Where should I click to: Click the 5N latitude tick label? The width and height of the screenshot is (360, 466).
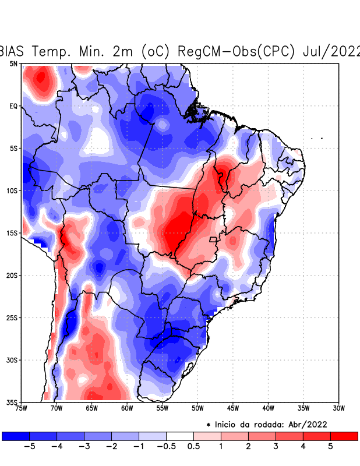(x=13, y=63)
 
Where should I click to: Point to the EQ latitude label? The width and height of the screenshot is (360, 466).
(x=13, y=106)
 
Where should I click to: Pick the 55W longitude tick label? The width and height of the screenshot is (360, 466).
(x=162, y=408)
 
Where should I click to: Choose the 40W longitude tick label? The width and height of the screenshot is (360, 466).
(x=268, y=408)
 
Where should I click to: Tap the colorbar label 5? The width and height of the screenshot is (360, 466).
(x=330, y=447)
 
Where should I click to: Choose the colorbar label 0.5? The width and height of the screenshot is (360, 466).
(x=194, y=447)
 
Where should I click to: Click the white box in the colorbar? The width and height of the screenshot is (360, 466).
(x=180, y=436)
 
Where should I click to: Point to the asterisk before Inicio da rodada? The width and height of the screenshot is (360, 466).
(x=209, y=425)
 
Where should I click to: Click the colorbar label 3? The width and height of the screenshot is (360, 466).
(x=276, y=447)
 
